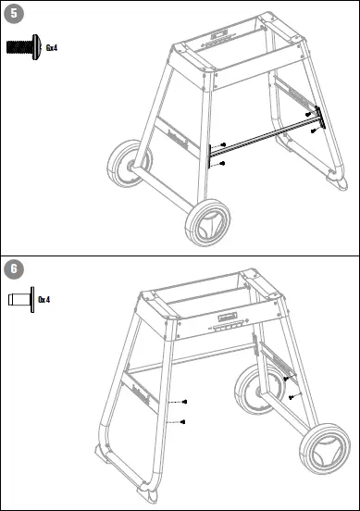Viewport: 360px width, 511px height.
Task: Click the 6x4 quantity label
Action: point(51,46)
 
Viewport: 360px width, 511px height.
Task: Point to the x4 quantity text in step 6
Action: point(43,300)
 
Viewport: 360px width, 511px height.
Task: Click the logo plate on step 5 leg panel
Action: point(177,142)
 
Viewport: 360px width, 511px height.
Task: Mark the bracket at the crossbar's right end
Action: point(319,118)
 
